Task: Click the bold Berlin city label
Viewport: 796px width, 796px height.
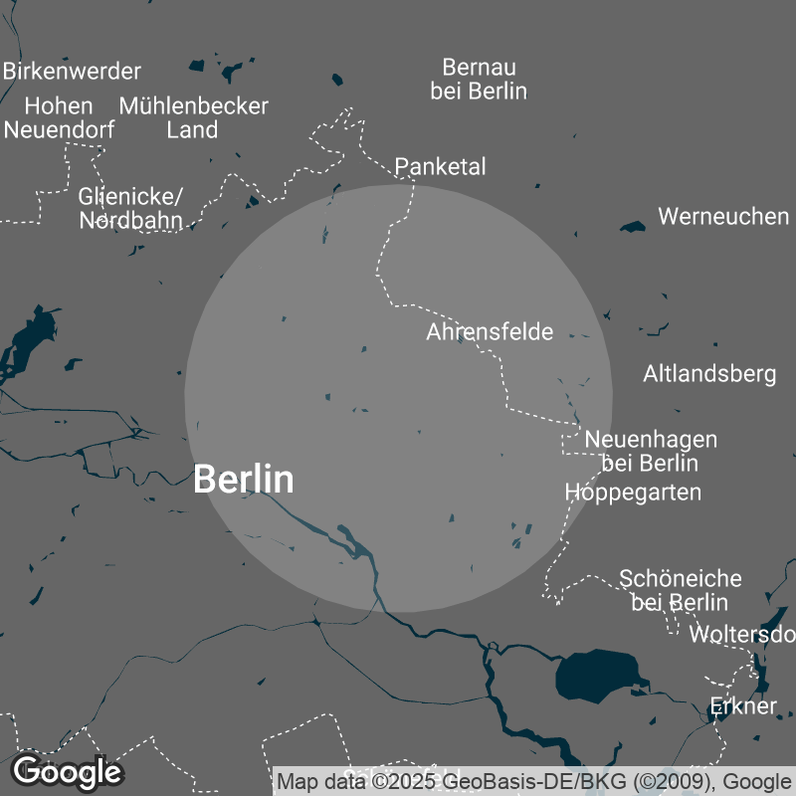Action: tap(244, 479)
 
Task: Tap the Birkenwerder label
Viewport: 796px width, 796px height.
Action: tap(72, 72)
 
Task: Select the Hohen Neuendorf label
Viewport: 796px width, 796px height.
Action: tap(59, 117)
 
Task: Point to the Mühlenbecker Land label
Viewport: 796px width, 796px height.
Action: tap(193, 117)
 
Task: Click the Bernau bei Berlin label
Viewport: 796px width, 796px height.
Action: tap(479, 80)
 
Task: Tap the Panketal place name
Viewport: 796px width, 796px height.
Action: tap(441, 166)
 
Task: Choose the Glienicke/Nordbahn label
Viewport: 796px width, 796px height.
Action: tap(130, 207)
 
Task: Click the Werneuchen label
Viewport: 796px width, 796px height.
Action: tap(723, 216)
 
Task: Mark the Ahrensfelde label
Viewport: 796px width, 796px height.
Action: tap(490, 331)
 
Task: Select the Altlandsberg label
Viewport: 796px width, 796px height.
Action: tap(709, 374)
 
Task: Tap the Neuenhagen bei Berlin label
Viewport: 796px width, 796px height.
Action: tap(651, 451)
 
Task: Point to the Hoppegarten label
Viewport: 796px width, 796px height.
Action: tap(633, 492)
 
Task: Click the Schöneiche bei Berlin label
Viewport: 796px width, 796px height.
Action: tap(681, 590)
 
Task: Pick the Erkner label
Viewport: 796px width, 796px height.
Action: tap(743, 706)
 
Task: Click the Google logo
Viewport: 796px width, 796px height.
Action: tap(67, 771)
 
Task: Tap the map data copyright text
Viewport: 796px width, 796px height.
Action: tap(533, 781)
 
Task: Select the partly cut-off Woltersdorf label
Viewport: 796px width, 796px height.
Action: tap(742, 634)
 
